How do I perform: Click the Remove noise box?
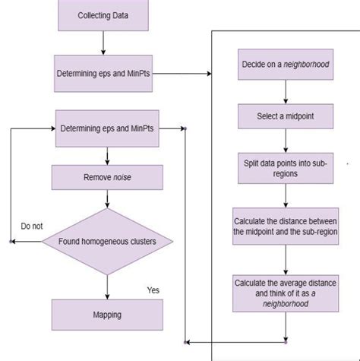(106, 177)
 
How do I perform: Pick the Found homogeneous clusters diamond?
(106, 242)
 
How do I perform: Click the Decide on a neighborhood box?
(284, 65)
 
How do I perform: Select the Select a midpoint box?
(284, 116)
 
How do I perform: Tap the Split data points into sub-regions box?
(284, 169)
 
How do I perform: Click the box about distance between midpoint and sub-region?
(284, 226)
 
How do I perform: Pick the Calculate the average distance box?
(284, 293)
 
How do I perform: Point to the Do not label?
(32, 226)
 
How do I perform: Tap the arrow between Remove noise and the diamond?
(107, 199)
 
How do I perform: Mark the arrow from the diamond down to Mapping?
(107, 287)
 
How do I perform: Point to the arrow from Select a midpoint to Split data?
(284, 140)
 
